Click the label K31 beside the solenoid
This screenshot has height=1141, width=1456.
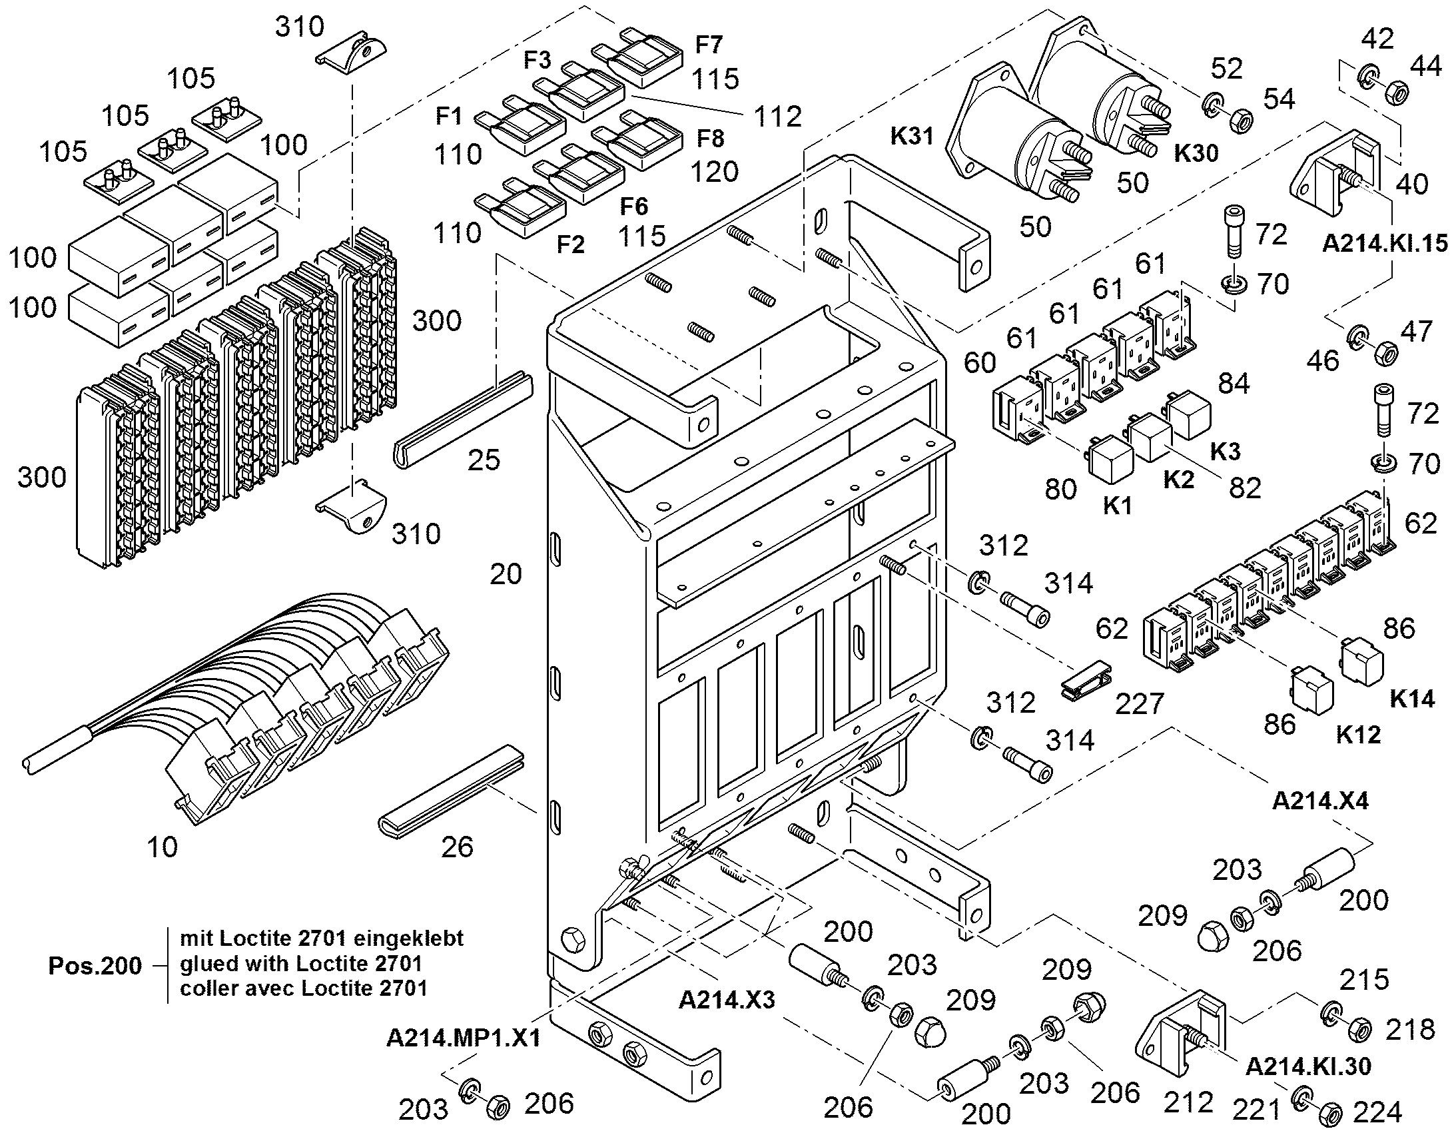[x=912, y=137]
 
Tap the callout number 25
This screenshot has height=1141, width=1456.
[x=484, y=460]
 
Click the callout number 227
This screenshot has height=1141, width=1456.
[x=1140, y=703]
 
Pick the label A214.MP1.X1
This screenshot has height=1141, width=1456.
[x=463, y=1038]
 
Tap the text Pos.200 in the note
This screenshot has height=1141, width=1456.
[x=95, y=965]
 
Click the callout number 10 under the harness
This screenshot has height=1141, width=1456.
[x=162, y=847]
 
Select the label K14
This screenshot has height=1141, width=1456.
[x=1412, y=699]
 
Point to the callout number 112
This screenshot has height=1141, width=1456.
[x=777, y=117]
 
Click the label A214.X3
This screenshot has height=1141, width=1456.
[x=727, y=999]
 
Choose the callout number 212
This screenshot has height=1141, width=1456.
[x=1188, y=1103]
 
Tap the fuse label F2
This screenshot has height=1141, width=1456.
[x=571, y=244]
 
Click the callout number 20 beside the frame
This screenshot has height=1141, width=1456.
[x=506, y=574]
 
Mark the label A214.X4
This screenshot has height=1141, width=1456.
[x=1320, y=801]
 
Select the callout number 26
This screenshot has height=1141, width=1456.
[x=458, y=847]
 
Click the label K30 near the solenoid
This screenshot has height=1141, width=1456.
[x=1196, y=154]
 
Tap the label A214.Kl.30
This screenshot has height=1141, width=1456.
[x=1308, y=1066]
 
